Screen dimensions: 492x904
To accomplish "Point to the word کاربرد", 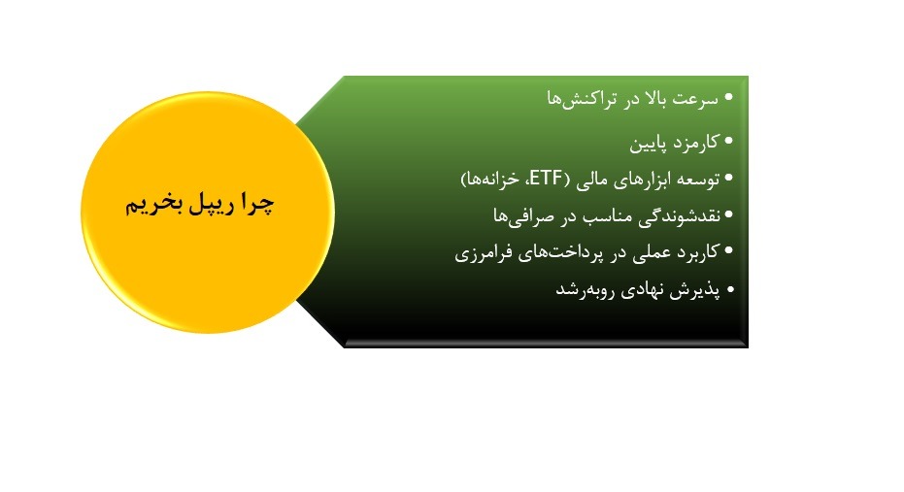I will (x=696, y=252).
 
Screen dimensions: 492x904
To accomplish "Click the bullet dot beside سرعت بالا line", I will (x=730, y=100).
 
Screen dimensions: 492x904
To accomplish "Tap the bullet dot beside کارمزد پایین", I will (x=730, y=141).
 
